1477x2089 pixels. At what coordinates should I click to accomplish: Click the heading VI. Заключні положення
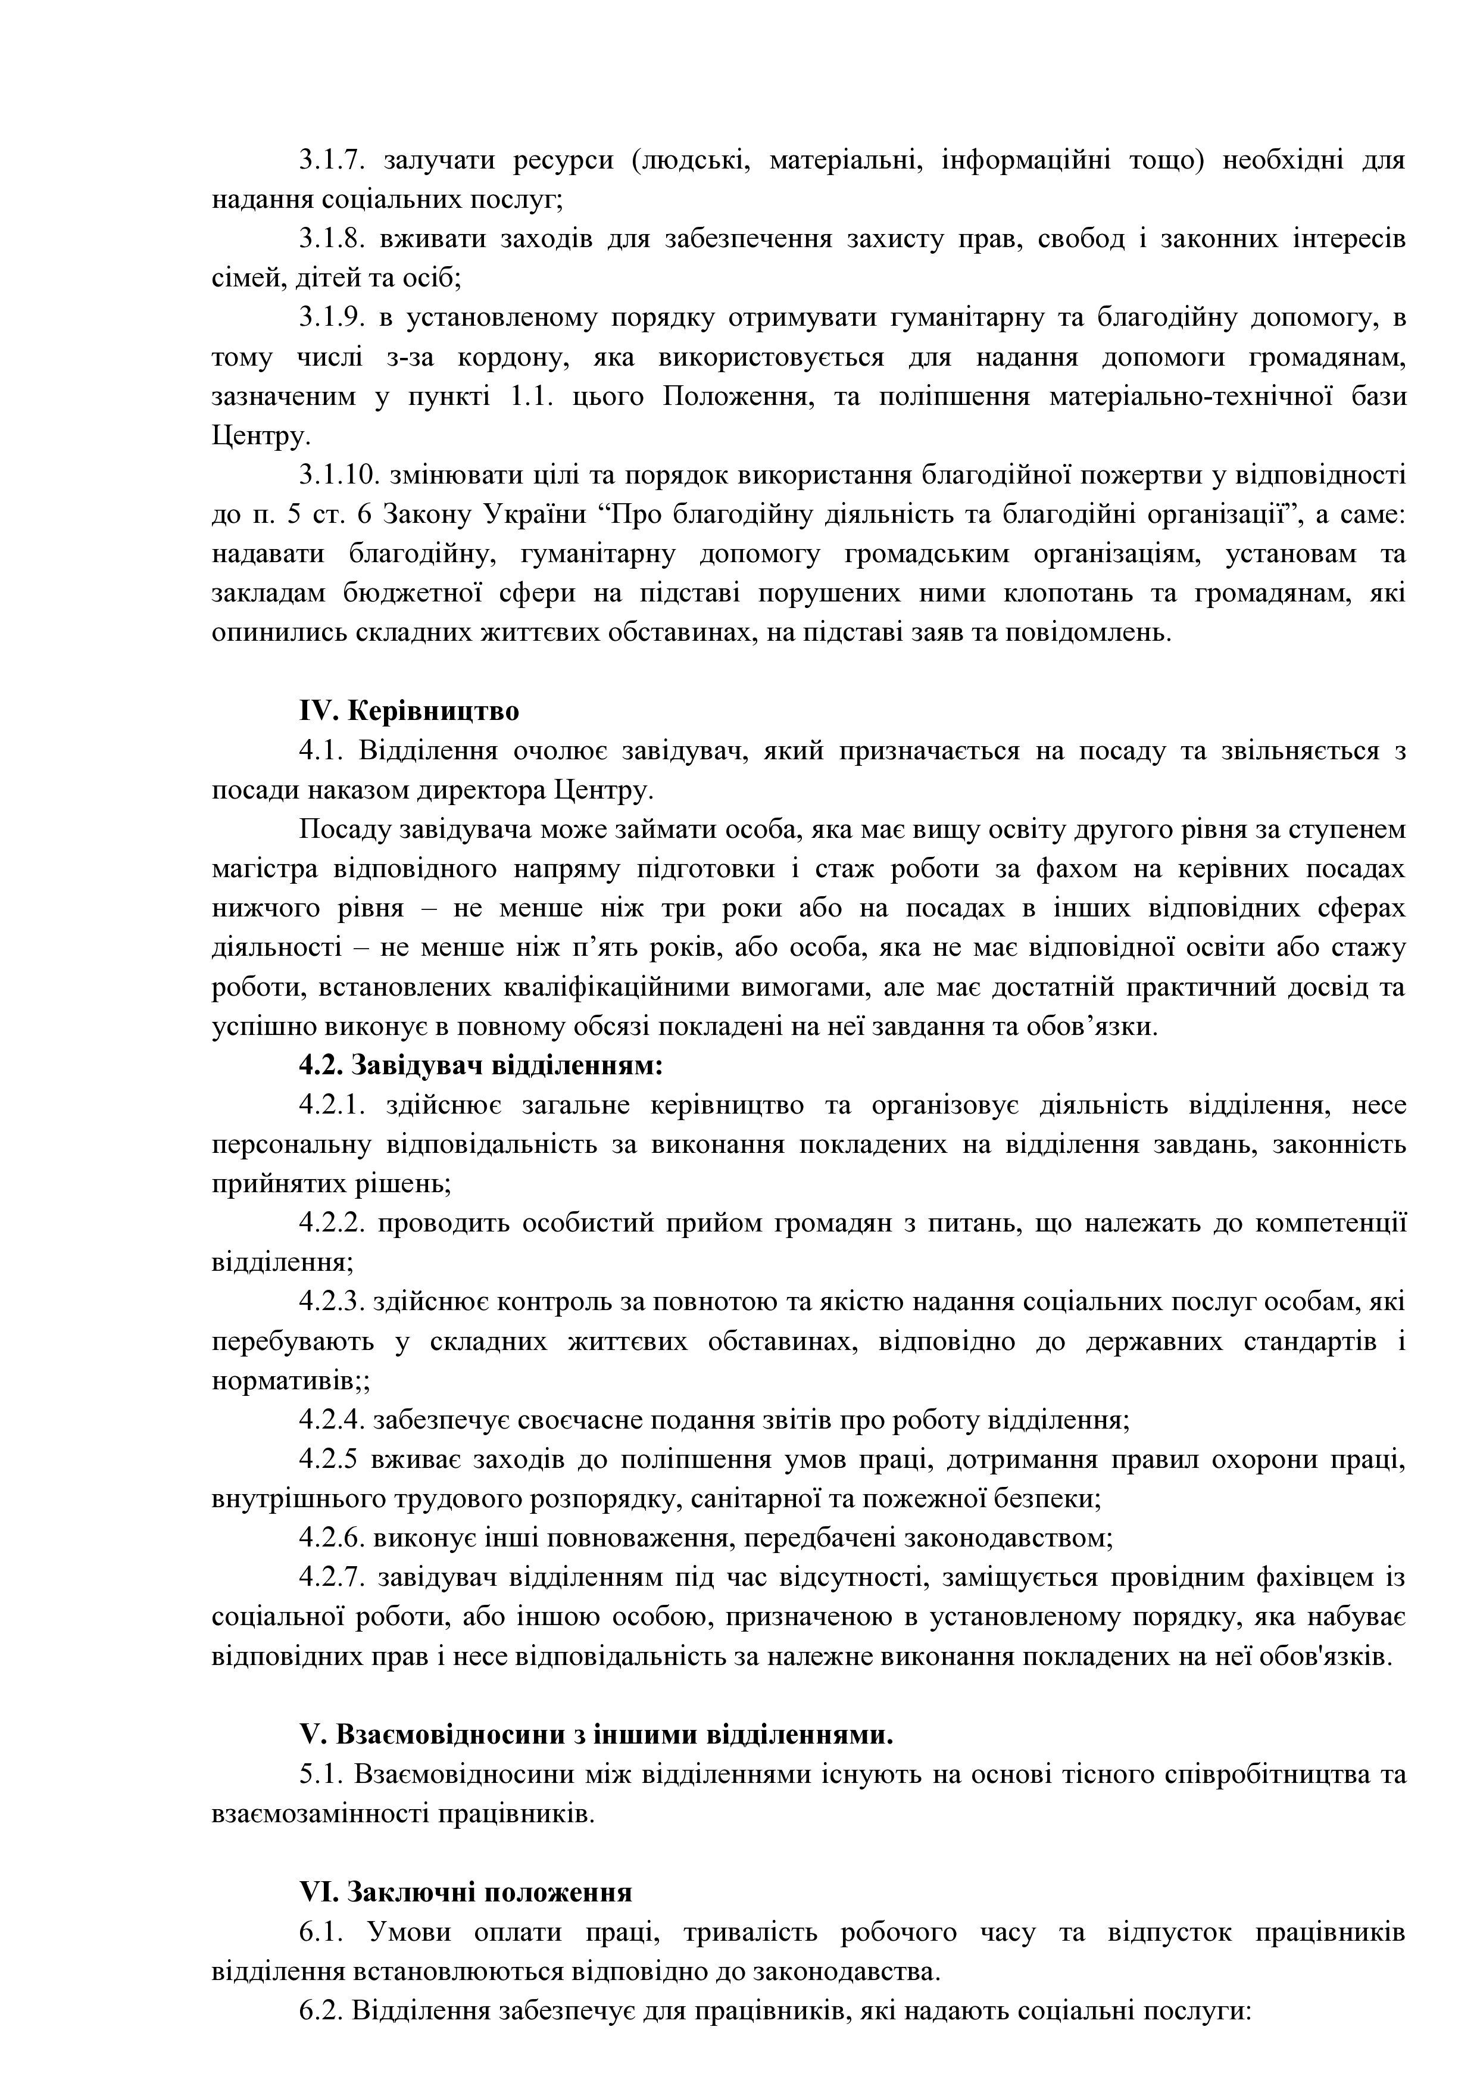pyautogui.click(x=466, y=1891)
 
